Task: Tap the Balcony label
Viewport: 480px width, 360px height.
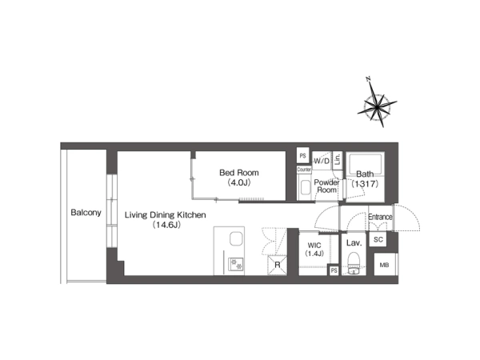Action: (86, 213)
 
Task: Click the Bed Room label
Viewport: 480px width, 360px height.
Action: (239, 173)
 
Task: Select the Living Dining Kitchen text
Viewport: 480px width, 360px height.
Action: (166, 215)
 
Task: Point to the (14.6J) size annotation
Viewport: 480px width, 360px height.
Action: (166, 225)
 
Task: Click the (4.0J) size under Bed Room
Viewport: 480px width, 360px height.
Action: (239, 182)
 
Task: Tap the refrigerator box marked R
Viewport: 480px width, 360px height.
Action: (277, 265)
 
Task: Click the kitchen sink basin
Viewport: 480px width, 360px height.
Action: (236, 238)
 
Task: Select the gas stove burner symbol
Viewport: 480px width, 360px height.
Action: (236, 264)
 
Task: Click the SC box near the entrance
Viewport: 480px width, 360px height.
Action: (378, 239)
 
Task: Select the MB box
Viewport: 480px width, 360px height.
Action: (386, 265)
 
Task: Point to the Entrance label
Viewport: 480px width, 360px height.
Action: (380, 217)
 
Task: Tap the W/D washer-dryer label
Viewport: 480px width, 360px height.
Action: (322, 161)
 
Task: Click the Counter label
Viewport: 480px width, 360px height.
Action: (304, 170)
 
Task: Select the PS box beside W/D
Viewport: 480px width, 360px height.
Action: (302, 156)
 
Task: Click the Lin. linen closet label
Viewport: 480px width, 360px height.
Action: (338, 159)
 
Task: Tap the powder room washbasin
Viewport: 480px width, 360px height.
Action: (305, 187)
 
